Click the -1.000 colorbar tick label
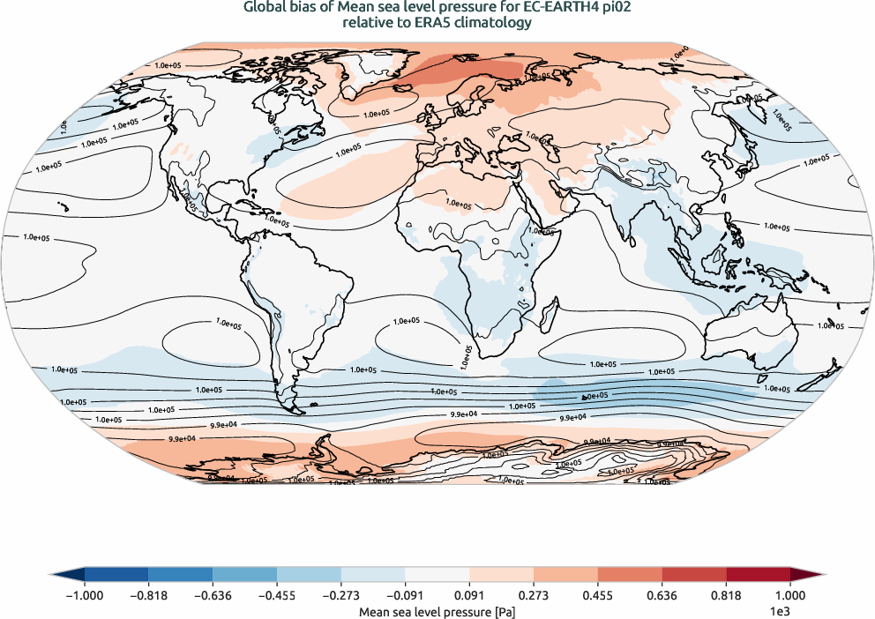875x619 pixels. pyautogui.click(x=85, y=595)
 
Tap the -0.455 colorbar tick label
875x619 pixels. pyautogui.click(x=277, y=595)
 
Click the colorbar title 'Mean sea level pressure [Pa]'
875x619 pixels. pyautogui.click(x=437, y=610)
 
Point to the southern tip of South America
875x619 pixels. pyautogui.click(x=295, y=411)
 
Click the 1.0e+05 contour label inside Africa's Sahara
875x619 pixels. pyautogui.click(x=457, y=204)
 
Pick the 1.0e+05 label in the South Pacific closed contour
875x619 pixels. pyautogui.click(x=228, y=324)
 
